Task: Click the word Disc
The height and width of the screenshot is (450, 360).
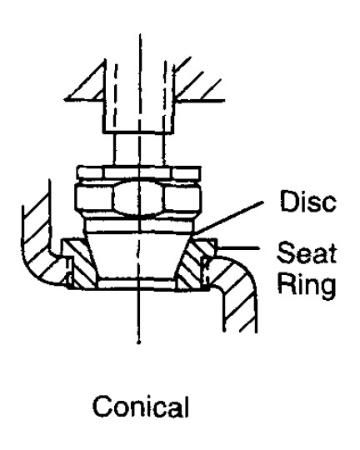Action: click(308, 201)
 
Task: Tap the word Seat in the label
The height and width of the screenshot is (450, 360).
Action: click(307, 252)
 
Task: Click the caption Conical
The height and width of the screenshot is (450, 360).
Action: click(141, 406)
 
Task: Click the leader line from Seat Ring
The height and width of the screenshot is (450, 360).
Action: click(237, 247)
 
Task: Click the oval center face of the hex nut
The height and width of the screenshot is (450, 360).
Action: click(139, 198)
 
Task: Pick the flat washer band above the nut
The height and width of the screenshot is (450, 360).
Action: click(139, 172)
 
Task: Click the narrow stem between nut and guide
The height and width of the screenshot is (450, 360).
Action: click(139, 149)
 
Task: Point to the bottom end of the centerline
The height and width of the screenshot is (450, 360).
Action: click(139, 342)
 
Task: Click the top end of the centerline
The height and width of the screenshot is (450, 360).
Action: click(140, 34)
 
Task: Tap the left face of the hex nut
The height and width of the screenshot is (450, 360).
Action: click(94, 198)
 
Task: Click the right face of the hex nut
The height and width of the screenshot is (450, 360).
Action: click(182, 199)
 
